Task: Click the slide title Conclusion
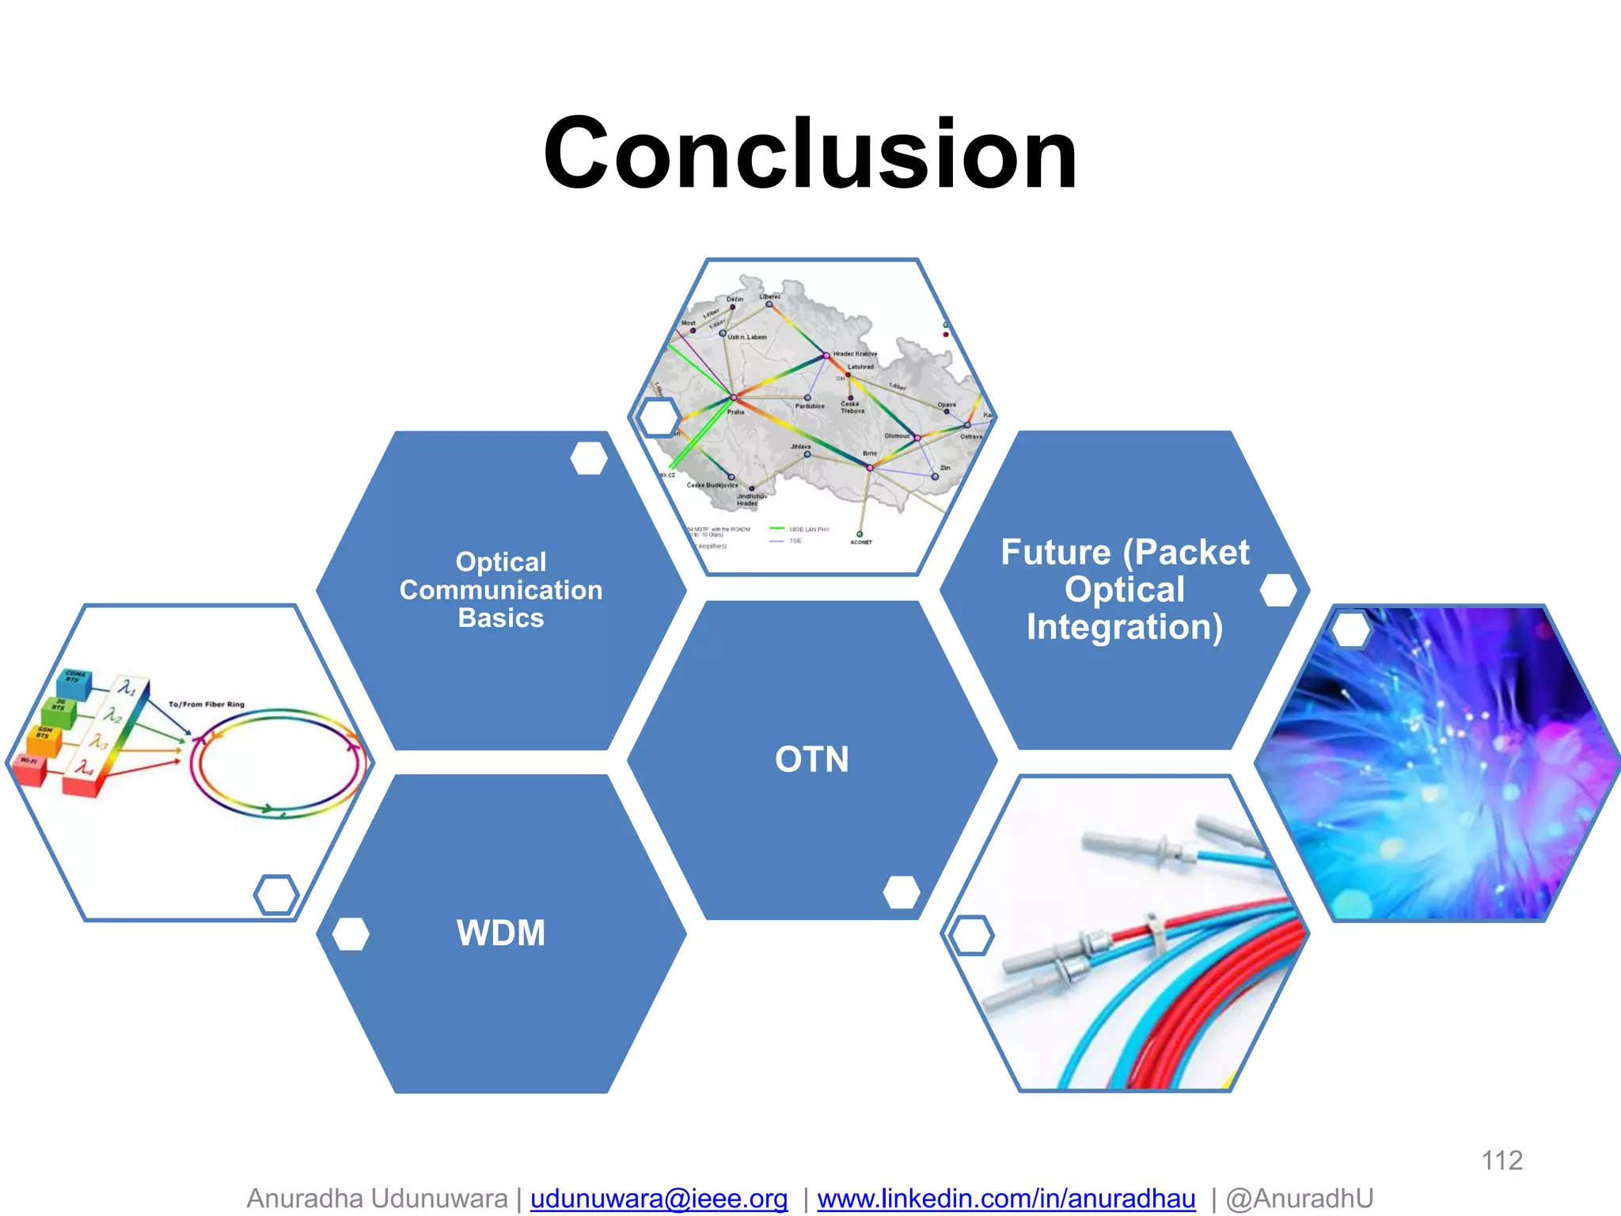pos(810,154)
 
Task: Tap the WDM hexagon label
pos(501,933)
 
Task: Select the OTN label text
pos(811,759)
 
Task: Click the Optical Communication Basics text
pos(501,590)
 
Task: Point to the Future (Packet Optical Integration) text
pos(1124,590)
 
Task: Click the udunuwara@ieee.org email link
pos(659,1199)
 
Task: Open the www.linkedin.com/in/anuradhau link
pos(1006,1199)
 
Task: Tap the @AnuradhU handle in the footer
pos(1299,1199)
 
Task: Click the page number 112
pos(1501,1161)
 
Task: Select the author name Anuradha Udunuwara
pos(377,1199)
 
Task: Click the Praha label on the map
pos(736,412)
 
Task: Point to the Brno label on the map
pos(870,454)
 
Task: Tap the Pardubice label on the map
pos(810,406)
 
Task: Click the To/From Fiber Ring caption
pos(207,704)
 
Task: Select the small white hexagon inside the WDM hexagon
pos(351,934)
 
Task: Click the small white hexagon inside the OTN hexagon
pos(902,892)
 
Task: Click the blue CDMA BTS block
pos(74,683)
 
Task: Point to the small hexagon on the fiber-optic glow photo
pos(1351,630)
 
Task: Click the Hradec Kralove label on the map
pos(855,354)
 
